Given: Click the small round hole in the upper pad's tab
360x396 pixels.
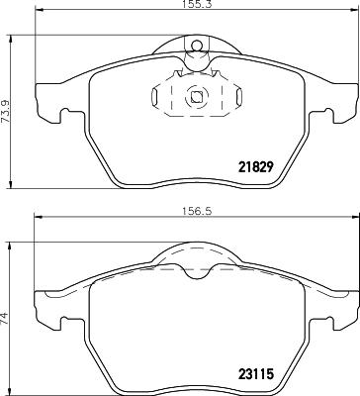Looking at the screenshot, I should (196, 44).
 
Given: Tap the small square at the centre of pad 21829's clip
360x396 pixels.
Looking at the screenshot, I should (196, 97).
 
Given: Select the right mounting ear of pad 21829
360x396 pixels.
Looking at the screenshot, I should (342, 100).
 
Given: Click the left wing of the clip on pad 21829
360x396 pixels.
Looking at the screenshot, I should (159, 97).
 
